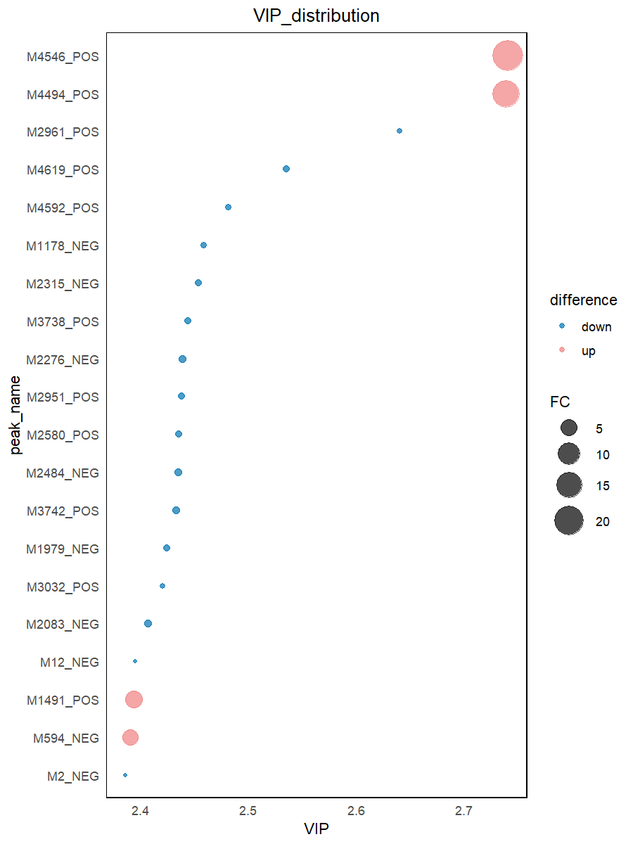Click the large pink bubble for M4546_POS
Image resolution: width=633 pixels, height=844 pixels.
(x=507, y=56)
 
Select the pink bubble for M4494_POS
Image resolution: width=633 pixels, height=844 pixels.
(x=505, y=94)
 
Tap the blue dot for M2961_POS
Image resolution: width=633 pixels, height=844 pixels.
(x=399, y=131)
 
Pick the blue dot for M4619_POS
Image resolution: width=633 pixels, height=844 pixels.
(x=286, y=169)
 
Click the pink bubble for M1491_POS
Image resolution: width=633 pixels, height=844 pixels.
(x=134, y=699)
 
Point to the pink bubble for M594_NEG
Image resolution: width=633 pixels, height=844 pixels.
(x=130, y=737)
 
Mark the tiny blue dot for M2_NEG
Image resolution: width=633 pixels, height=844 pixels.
(x=125, y=775)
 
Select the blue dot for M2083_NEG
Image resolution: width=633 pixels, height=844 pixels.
(x=148, y=623)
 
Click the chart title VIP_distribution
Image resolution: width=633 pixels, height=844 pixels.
(x=316, y=15)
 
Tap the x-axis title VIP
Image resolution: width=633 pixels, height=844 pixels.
(x=316, y=829)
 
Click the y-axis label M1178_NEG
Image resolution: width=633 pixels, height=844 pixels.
(x=63, y=246)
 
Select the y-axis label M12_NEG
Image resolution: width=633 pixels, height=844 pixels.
(x=70, y=663)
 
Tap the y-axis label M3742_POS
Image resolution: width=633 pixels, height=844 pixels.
(x=63, y=511)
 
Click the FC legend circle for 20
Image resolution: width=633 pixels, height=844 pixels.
(x=569, y=521)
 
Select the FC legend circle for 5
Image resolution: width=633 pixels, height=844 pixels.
(x=569, y=428)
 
